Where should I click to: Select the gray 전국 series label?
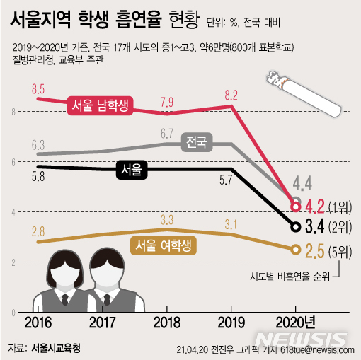point(195,142)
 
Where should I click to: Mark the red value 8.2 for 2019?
point(231,93)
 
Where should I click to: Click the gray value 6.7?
point(167,132)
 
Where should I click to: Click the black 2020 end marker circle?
point(295,227)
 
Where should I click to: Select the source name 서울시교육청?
point(57,348)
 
